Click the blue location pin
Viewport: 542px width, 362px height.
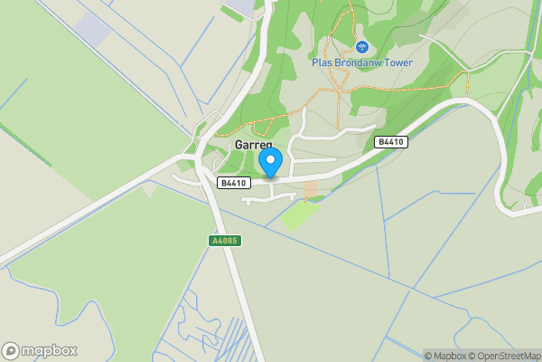pyautogui.click(x=270, y=163)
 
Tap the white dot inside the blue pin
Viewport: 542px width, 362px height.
pyautogui.click(x=270, y=159)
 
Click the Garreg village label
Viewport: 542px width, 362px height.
pyautogui.click(x=253, y=145)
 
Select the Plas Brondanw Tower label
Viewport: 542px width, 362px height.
pyautogui.click(x=361, y=62)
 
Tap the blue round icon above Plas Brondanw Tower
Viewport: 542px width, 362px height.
pyautogui.click(x=362, y=46)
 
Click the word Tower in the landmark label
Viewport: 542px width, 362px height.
pyautogui.click(x=395, y=62)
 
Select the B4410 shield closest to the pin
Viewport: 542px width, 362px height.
pyautogui.click(x=233, y=183)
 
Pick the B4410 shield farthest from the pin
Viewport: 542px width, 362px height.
pyautogui.click(x=390, y=142)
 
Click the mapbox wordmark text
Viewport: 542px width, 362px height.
pyautogui.click(x=50, y=351)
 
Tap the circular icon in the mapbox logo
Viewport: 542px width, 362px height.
pyautogui.click(x=11, y=351)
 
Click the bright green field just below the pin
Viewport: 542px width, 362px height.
pyautogui.click(x=298, y=214)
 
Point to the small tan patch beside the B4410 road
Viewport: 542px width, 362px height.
pyautogui.click(x=311, y=188)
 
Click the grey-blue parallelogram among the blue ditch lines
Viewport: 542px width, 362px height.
pyautogui.click(x=93, y=31)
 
